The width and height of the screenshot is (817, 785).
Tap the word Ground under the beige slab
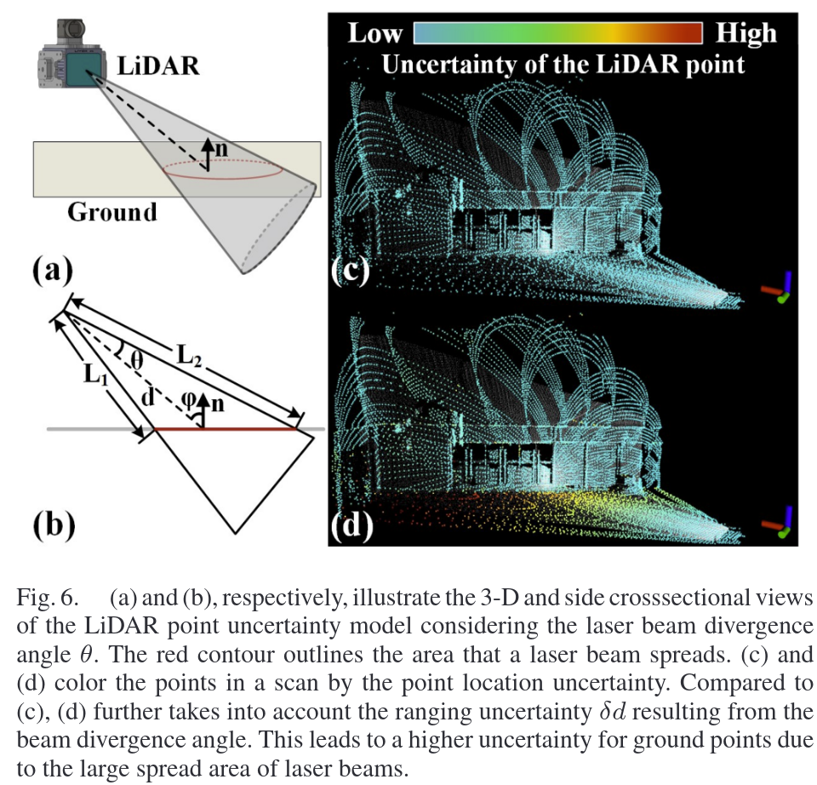pyautogui.click(x=112, y=211)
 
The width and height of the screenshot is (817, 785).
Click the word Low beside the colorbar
pyautogui.click(x=374, y=33)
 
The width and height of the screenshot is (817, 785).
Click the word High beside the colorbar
pyautogui.click(x=746, y=33)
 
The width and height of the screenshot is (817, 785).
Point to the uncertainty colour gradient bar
pyautogui.click(x=557, y=33)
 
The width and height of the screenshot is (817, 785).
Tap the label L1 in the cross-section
pyautogui.click(x=94, y=371)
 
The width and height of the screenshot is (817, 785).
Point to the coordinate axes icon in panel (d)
pyautogui.click(x=778, y=524)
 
